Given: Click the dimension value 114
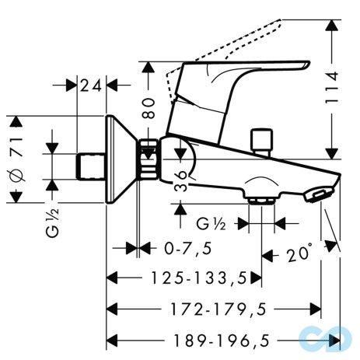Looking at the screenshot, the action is [332, 88].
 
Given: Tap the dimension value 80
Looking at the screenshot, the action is [149, 108].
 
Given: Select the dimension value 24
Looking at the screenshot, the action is [90, 86].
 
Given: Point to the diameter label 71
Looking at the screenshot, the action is [17, 147].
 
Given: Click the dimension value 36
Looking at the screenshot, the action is [180, 180].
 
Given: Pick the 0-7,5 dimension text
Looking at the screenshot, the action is [188, 248].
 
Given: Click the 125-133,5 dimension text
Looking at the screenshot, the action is [198, 278].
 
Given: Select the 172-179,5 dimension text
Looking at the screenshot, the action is [218, 309].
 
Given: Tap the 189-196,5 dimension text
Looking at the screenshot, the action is [222, 341].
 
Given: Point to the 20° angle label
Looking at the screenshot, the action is [299, 253].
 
